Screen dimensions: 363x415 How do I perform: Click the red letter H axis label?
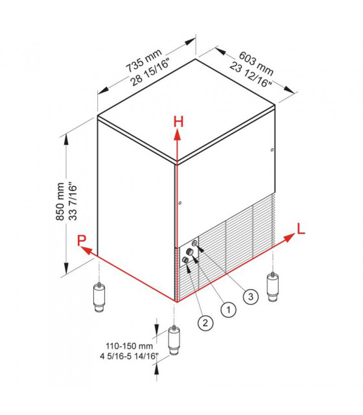[x=178, y=123]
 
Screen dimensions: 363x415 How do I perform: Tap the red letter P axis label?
[x=82, y=241]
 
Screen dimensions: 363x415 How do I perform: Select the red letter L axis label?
[x=301, y=229]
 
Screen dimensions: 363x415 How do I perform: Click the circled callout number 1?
[x=228, y=309]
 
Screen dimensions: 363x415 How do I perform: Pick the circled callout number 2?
[x=205, y=323]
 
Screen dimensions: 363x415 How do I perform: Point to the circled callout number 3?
[x=251, y=296]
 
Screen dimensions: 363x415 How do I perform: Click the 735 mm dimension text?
[x=144, y=60]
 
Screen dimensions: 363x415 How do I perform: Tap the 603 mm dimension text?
[x=256, y=64]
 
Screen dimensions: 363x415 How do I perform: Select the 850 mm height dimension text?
[x=60, y=202]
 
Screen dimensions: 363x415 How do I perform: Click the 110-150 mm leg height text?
[x=130, y=346]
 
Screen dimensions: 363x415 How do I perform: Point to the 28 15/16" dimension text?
[x=150, y=73]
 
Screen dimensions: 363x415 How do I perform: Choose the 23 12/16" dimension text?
[x=251, y=75]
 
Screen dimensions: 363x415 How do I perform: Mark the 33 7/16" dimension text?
[x=73, y=201]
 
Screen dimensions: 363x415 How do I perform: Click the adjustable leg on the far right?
[x=273, y=287]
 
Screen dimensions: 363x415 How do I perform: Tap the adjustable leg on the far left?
[x=99, y=298]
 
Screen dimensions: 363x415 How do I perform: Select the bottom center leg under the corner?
[x=174, y=340]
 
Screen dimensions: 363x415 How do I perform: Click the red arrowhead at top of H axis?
[x=178, y=135]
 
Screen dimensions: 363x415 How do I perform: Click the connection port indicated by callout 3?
[x=194, y=243]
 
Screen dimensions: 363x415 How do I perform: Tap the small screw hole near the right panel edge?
[x=272, y=150]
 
